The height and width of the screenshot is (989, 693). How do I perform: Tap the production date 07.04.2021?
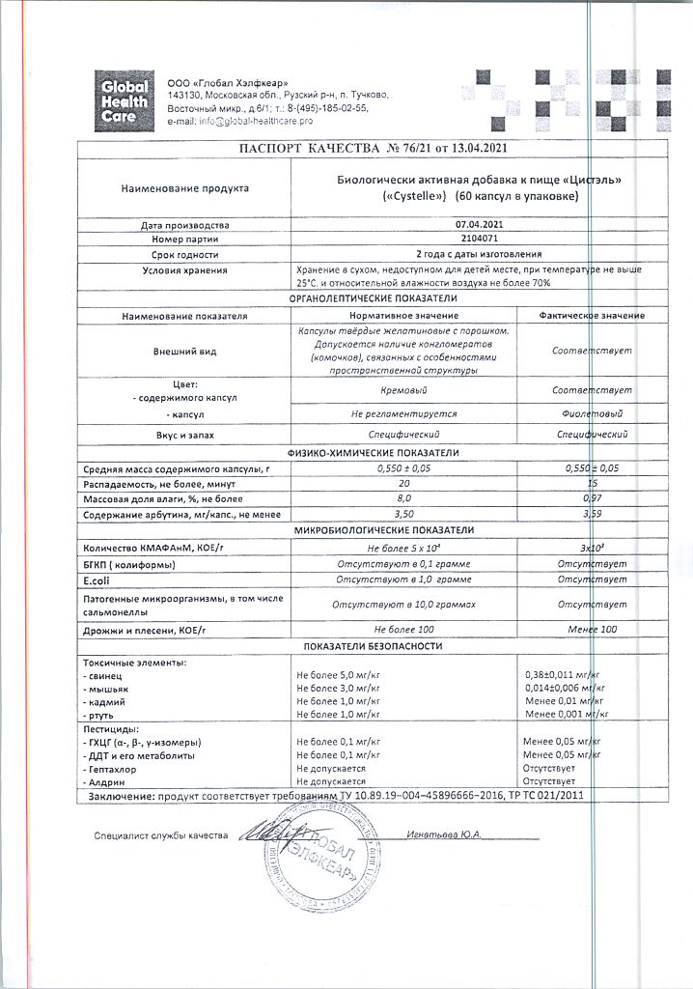[x=480, y=223]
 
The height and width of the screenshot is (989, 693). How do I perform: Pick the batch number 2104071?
[x=480, y=238]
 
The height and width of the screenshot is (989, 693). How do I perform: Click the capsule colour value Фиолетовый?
[x=592, y=413]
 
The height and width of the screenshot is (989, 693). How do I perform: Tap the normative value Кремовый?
[x=403, y=390]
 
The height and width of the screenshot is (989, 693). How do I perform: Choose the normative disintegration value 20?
[x=403, y=482]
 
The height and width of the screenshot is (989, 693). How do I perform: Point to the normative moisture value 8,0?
[x=403, y=497]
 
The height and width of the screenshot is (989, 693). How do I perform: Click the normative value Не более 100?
[x=403, y=630]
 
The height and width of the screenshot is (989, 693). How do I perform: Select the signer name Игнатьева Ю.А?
[x=444, y=834]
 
